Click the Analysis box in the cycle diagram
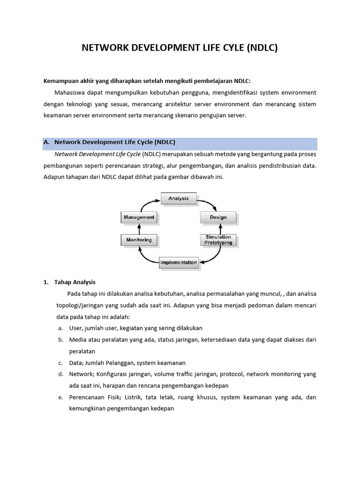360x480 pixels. coord(178,198)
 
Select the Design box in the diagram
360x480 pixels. coord(218,217)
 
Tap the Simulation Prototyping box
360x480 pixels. coord(218,240)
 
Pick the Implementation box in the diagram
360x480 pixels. coord(179,262)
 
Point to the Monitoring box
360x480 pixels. coord(139,240)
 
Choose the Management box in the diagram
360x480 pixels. coord(138,217)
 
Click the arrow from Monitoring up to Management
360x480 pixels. coord(139,229)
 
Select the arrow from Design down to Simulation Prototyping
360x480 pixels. coord(218,229)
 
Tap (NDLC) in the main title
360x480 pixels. coord(262,48)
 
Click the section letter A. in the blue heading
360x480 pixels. coord(46,141)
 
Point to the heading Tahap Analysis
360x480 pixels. coord(75,282)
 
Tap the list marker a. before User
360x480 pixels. coord(60,328)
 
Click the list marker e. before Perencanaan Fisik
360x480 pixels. coord(60,397)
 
